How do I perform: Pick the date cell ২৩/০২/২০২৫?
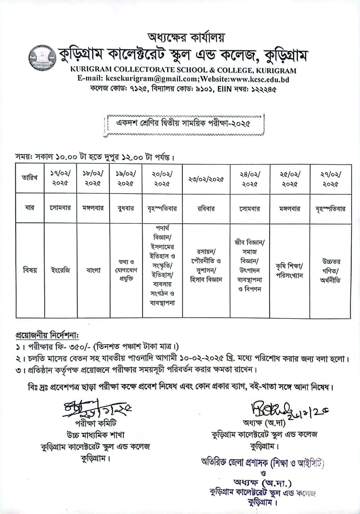(206, 179)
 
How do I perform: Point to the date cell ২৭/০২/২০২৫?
(330, 178)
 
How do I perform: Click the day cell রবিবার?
(206, 208)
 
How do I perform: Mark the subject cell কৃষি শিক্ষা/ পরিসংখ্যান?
(289, 270)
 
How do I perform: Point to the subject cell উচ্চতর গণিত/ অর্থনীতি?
(330, 270)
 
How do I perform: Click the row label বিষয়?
(30, 270)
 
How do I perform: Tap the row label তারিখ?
(30, 178)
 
